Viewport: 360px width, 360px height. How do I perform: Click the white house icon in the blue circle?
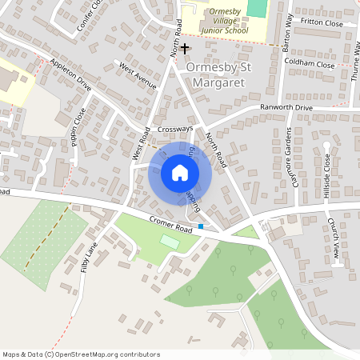tap(180, 172)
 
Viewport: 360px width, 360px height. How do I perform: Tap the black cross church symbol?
tap(185, 50)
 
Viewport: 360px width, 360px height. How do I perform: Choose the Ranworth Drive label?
tap(286, 107)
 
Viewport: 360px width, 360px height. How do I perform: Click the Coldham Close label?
tap(308, 63)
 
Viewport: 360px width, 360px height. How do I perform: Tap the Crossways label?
tap(175, 128)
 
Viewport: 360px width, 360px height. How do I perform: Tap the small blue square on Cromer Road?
tap(201, 226)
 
